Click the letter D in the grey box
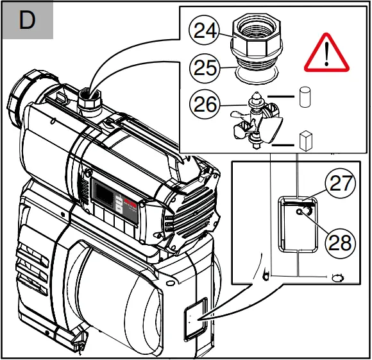click(27, 21)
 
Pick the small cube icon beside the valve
click(305, 140)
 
